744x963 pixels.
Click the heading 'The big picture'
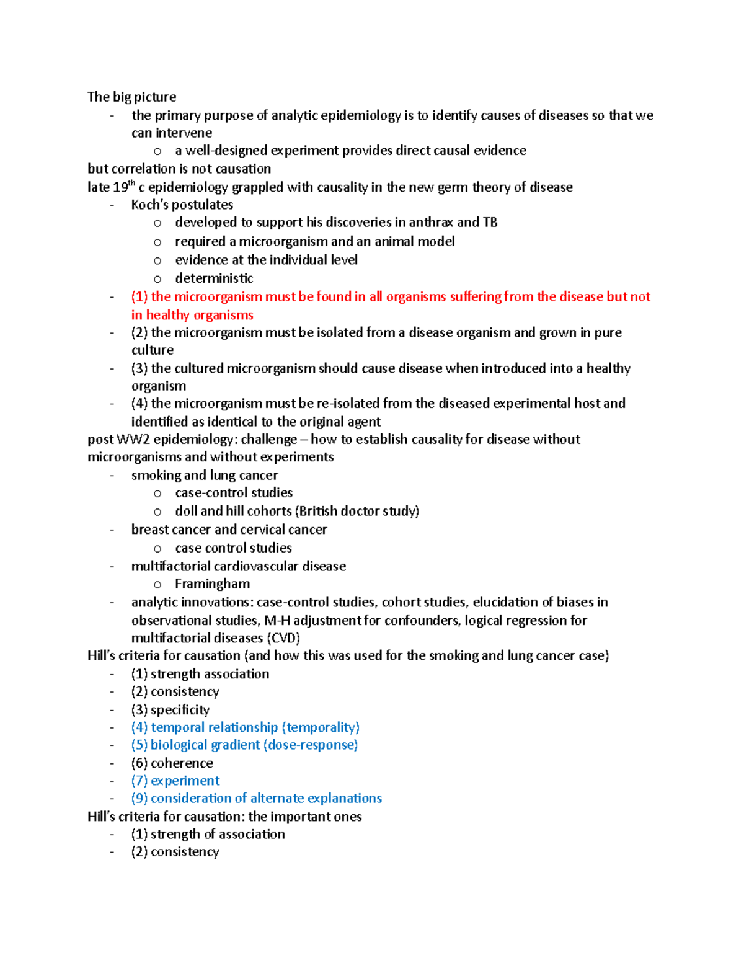[131, 97]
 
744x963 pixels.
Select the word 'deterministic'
[214, 278]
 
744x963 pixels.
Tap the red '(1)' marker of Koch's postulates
[139, 296]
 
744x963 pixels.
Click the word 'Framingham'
[212, 584]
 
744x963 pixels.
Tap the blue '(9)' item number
[139, 798]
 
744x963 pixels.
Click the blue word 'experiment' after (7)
[185, 781]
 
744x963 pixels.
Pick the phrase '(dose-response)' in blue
[310, 745]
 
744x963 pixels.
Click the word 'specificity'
[180, 709]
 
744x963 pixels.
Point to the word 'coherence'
[182, 763]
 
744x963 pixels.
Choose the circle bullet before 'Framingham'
[157, 584]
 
